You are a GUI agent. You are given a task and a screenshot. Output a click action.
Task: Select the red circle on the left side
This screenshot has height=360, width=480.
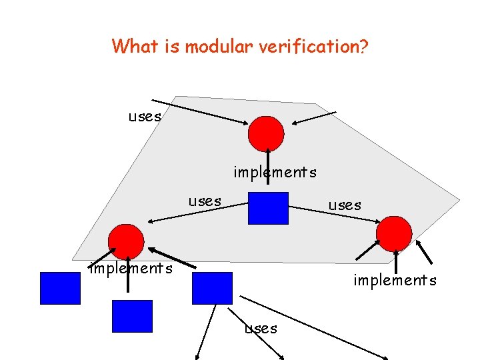127,241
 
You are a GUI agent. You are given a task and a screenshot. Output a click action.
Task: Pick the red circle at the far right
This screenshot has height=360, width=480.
394,233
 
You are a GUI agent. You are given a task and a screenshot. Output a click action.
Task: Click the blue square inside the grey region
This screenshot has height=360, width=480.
268,207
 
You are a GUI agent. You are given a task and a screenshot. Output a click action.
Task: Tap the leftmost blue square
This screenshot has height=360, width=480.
60,288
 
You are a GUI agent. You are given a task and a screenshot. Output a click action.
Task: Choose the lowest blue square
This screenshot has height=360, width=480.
132,316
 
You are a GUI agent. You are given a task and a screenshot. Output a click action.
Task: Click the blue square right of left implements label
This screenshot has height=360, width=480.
212,288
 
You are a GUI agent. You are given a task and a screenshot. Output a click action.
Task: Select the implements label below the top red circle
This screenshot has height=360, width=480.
275,173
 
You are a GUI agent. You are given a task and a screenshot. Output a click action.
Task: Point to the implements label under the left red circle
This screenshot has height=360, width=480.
131,269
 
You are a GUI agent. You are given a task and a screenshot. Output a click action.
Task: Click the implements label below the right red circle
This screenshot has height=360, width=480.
395,281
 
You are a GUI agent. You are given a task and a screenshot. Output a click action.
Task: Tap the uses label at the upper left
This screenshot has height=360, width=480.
145,117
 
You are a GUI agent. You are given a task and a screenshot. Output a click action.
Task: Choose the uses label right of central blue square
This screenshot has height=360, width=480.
345,205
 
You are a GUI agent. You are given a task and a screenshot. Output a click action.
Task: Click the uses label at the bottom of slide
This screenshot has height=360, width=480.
261,328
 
